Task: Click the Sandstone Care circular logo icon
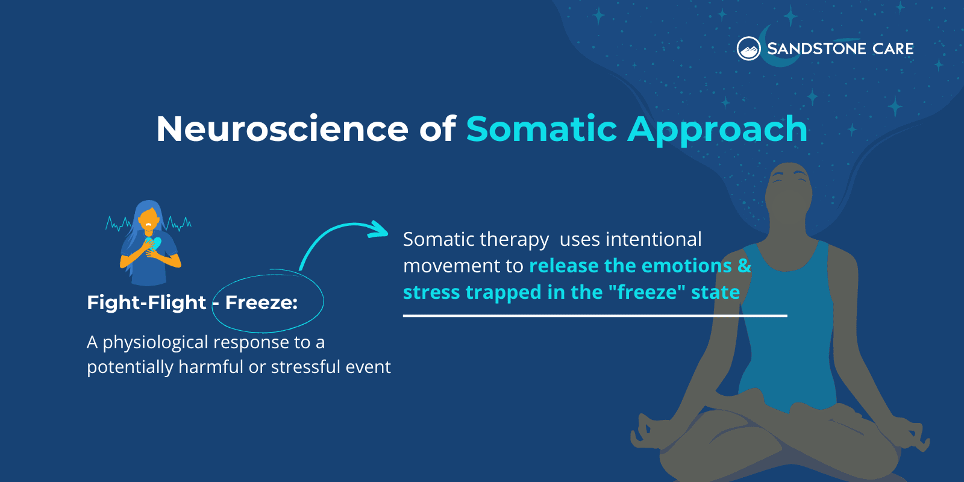pos(749,49)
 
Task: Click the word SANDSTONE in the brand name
pos(816,49)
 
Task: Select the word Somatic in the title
pos(541,129)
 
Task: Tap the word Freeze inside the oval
pos(261,302)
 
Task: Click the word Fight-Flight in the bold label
pos(146,302)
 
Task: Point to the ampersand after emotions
pos(744,266)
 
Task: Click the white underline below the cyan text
pos(595,315)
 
